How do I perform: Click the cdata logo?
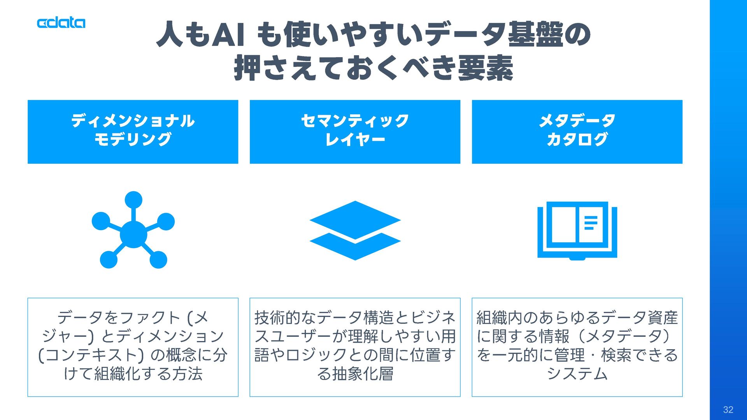(61, 23)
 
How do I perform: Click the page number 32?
(728, 409)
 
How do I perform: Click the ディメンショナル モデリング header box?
(133, 131)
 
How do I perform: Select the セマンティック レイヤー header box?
(355, 131)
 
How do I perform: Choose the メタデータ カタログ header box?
(577, 131)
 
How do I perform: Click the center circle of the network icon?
(133, 234)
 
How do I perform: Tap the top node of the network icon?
(133, 200)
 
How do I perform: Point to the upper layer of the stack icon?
(355, 219)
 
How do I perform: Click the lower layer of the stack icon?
(355, 249)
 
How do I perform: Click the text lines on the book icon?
(590, 223)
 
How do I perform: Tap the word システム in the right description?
(577, 374)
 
